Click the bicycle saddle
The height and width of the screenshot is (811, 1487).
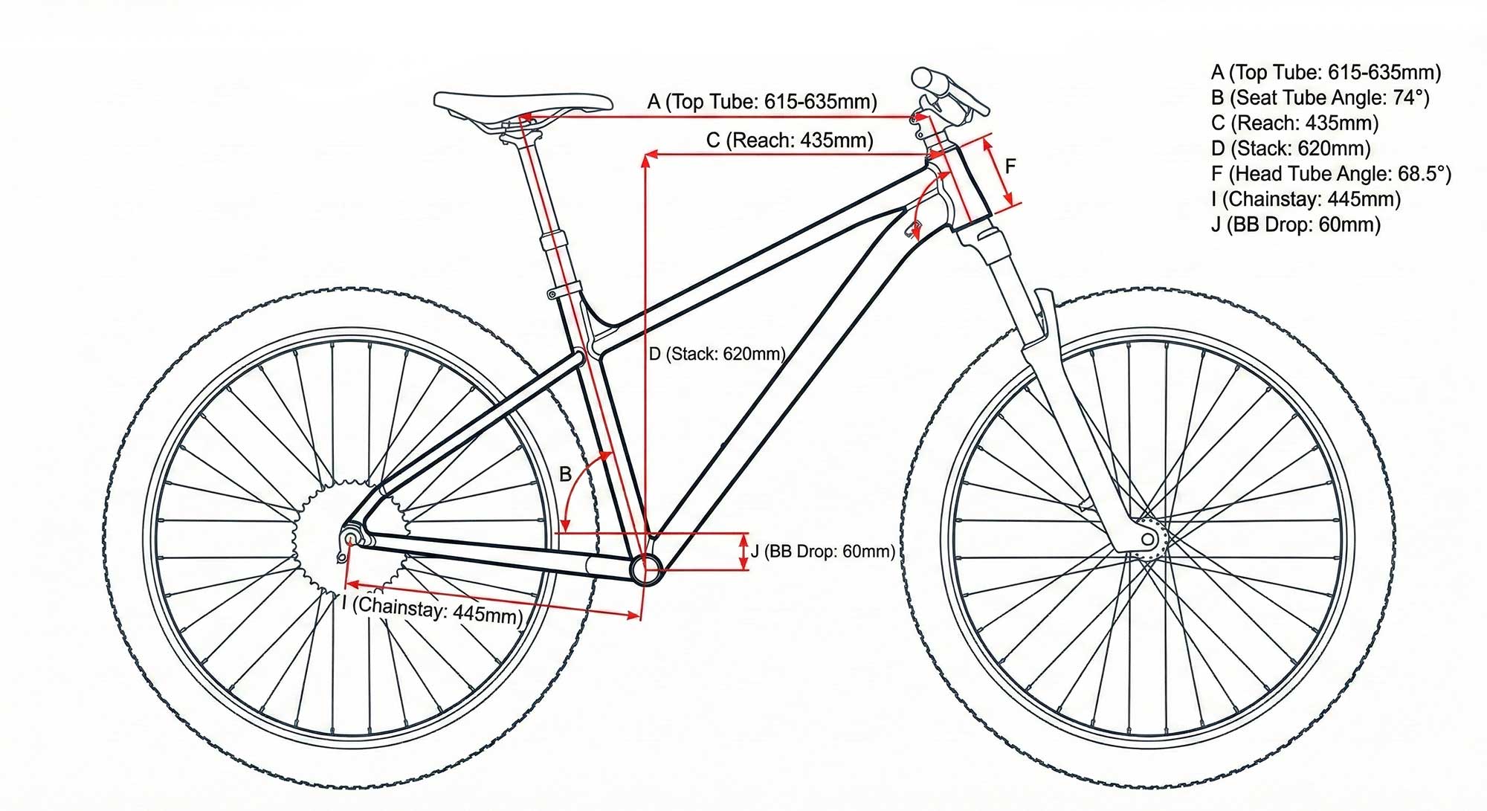click(523, 103)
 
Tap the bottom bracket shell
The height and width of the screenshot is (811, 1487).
click(645, 569)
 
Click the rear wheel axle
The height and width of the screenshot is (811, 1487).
click(349, 537)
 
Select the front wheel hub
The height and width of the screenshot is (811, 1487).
click(1147, 539)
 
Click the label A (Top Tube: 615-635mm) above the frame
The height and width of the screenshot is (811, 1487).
click(762, 102)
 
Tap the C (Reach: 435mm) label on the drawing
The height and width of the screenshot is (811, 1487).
click(790, 140)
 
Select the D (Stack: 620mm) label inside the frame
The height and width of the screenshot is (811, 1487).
click(717, 354)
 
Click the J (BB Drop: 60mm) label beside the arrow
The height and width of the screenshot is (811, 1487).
click(822, 552)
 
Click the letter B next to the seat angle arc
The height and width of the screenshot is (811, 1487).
click(565, 474)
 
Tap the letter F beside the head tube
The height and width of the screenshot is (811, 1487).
click(1010, 167)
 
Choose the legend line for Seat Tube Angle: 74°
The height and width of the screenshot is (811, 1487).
click(1320, 98)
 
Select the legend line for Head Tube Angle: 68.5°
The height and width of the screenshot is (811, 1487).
click(1331, 174)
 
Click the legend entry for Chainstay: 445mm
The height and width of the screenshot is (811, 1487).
click(1306, 199)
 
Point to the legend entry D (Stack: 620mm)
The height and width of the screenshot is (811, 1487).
click(1291, 149)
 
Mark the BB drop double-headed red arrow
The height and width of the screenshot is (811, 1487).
click(743, 552)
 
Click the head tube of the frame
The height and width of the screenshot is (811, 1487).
click(966, 186)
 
